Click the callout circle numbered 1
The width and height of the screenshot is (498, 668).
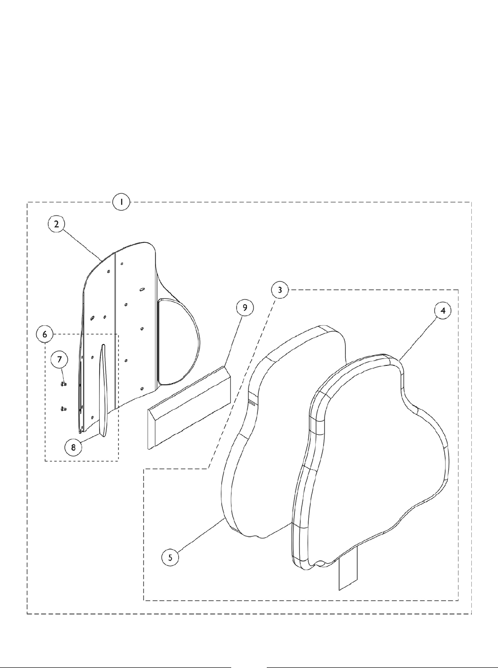pos(121,202)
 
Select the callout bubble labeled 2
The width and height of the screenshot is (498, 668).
pos(57,223)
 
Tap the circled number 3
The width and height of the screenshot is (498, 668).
pos(280,290)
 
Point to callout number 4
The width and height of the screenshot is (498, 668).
pos(443,310)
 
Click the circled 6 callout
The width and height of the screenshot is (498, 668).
pos(45,334)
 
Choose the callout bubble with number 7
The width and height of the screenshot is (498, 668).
pos(59,358)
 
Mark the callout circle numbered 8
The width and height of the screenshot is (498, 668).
pos(73,446)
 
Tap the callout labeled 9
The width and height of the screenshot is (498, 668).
pos(245,308)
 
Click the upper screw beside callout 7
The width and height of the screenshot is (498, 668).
pos(64,383)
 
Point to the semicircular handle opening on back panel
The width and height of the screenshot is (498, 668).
pos(175,341)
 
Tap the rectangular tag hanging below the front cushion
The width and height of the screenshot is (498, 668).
pos(347,573)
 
